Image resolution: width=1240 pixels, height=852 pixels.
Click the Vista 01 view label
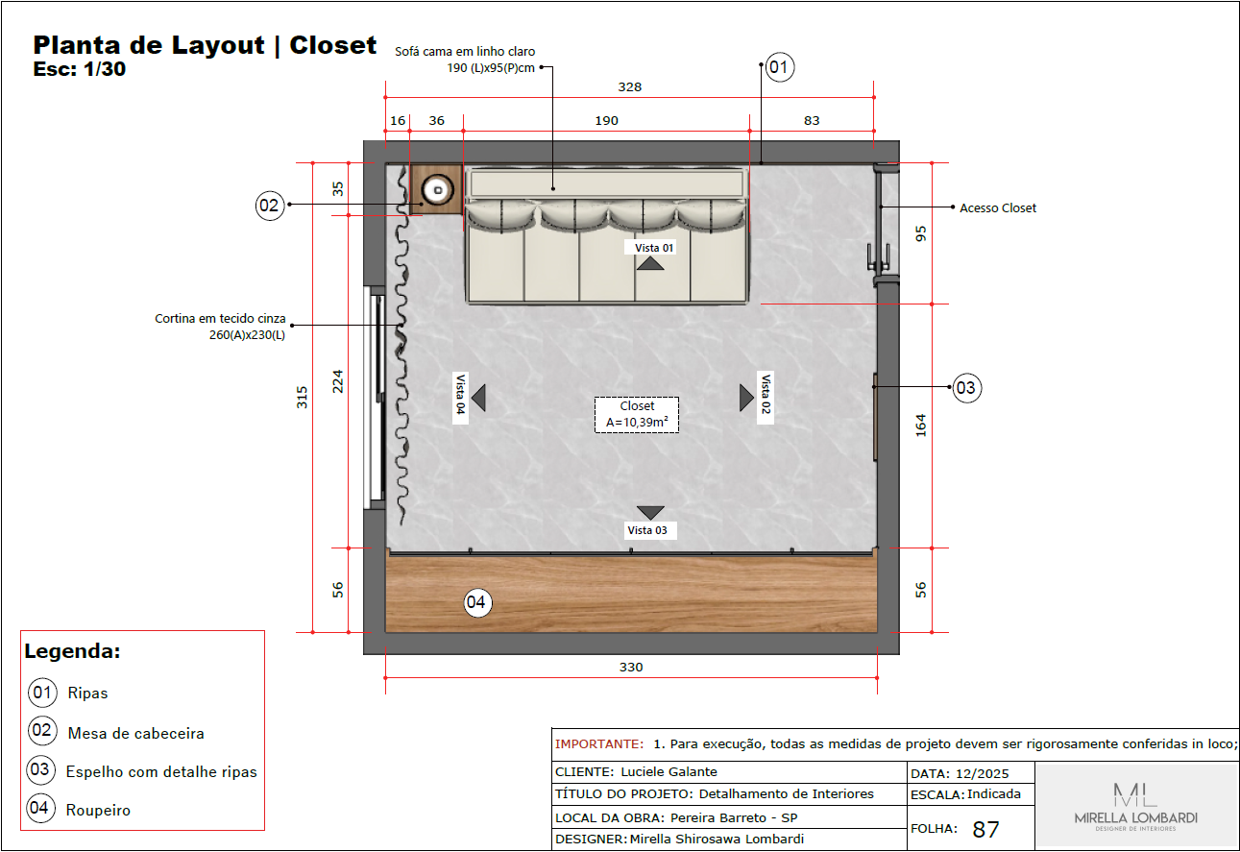pyautogui.click(x=654, y=247)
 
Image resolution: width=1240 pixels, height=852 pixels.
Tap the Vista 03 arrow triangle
pyautogui.click(x=650, y=513)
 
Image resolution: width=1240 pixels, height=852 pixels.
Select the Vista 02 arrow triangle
pyautogui.click(x=745, y=398)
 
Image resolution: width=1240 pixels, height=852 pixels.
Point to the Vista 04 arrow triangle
pyautogui.click(x=478, y=398)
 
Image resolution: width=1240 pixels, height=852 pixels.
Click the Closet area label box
pyautogui.click(x=637, y=415)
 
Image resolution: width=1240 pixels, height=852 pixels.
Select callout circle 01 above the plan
pyautogui.click(x=779, y=67)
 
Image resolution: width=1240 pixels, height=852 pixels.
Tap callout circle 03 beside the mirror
pyautogui.click(x=966, y=388)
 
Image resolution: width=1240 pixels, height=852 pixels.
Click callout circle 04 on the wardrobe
pyautogui.click(x=477, y=602)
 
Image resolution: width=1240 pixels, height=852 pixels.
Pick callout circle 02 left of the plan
pyautogui.click(x=271, y=205)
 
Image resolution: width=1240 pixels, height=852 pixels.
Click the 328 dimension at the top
pyautogui.click(x=629, y=86)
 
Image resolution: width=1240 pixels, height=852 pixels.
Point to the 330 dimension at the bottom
pyautogui.click(x=630, y=667)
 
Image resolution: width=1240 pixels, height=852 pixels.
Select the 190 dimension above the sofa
pyautogui.click(x=606, y=120)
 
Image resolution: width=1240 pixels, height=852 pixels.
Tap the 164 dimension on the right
pyautogui.click(x=921, y=426)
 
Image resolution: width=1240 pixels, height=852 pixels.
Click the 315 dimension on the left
pyautogui.click(x=302, y=398)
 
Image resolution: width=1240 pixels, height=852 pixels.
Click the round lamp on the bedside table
pyautogui.click(x=438, y=189)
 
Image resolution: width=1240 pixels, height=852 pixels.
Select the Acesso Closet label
pyautogui.click(x=998, y=207)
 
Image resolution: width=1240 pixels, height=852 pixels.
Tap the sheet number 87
pyautogui.click(x=986, y=830)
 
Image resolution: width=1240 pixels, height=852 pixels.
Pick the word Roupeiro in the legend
pyautogui.click(x=98, y=810)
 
